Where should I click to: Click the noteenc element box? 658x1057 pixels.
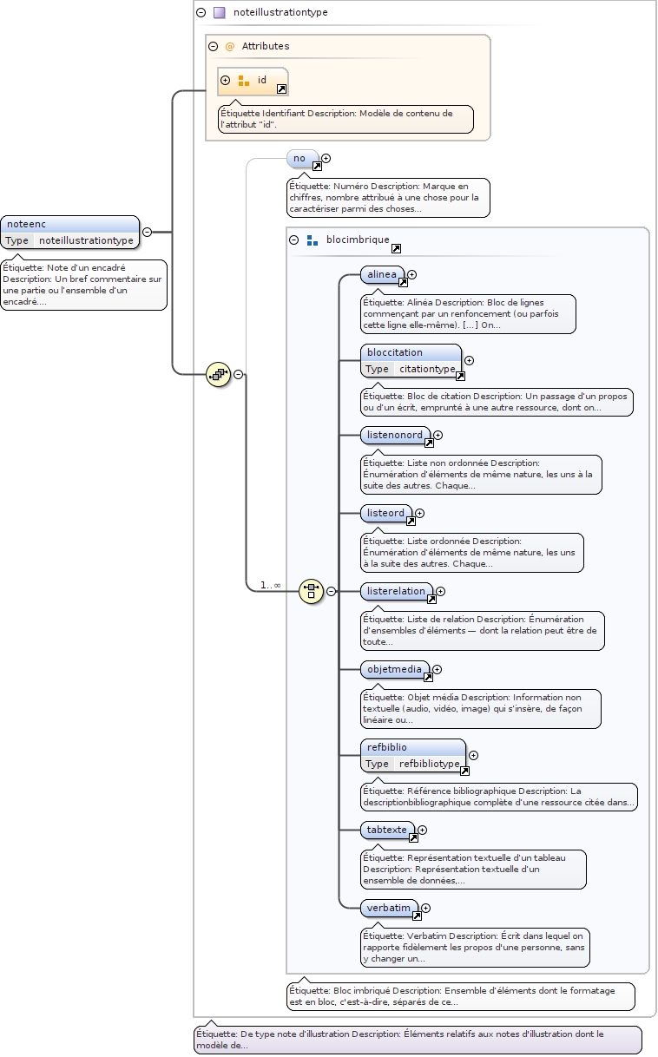pyautogui.click(x=69, y=225)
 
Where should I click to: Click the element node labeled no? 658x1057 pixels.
pyautogui.click(x=300, y=158)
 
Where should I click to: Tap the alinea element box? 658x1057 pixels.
pyautogui.click(x=382, y=274)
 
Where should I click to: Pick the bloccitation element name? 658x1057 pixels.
pyautogui.click(x=395, y=352)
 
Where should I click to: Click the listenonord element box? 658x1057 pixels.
pyautogui.click(x=394, y=435)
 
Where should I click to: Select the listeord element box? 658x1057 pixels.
pyautogui.click(x=386, y=513)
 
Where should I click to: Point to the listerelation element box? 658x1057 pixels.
pyautogui.click(x=396, y=591)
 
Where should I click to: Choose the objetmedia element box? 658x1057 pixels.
pyautogui.click(x=394, y=669)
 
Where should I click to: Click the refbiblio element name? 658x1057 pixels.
pyautogui.click(x=386, y=747)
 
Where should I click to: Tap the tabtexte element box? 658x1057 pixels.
pyautogui.click(x=387, y=830)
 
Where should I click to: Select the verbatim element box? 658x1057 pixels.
pyautogui.click(x=389, y=908)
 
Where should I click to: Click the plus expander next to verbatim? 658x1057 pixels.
pyautogui.click(x=426, y=908)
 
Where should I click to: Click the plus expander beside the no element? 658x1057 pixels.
pyautogui.click(x=326, y=159)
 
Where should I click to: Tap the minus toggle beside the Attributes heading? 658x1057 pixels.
pyautogui.click(x=213, y=46)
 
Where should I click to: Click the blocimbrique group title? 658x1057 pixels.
pyautogui.click(x=359, y=240)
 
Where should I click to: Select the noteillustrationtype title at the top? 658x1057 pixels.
pyautogui.click(x=280, y=12)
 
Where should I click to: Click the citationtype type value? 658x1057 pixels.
pyautogui.click(x=426, y=369)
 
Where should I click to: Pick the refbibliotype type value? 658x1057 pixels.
pyautogui.click(x=429, y=764)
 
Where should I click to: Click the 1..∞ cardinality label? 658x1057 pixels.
pyautogui.click(x=270, y=585)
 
